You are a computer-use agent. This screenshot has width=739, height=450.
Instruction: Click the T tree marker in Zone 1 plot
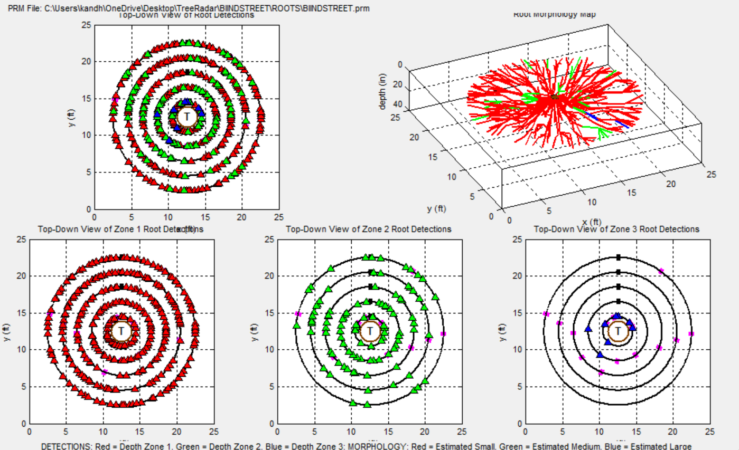(x=121, y=331)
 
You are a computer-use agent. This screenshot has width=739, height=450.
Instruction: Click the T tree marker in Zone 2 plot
(x=370, y=331)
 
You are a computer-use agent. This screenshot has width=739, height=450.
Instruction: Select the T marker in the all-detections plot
(x=186, y=117)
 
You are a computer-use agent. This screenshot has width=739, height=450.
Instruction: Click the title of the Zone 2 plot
(x=368, y=229)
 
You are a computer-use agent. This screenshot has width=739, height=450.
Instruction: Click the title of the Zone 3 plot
(x=616, y=229)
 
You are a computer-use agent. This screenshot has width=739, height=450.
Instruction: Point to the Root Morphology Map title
(x=554, y=14)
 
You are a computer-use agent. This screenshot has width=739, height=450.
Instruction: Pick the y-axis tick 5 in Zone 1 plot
(x=21, y=387)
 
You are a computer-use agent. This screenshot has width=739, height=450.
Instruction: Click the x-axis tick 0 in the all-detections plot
(x=95, y=216)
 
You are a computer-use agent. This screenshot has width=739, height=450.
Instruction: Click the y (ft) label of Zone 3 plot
(x=502, y=331)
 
